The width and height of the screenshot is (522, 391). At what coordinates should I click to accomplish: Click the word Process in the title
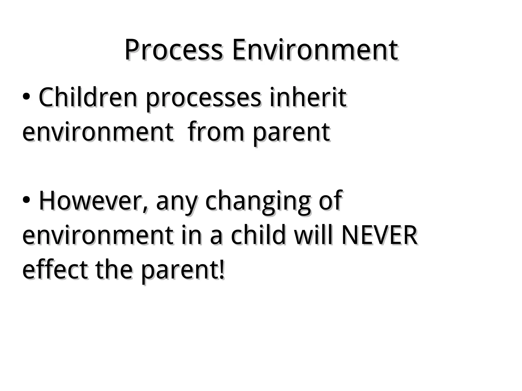[x=173, y=50]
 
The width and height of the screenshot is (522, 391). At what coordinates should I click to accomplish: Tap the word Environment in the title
[x=315, y=50]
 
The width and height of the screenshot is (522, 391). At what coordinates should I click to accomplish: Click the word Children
[x=88, y=98]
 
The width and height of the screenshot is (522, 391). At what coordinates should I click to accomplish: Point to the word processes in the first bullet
[x=203, y=99]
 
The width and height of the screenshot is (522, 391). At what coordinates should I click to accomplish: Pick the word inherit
[x=308, y=98]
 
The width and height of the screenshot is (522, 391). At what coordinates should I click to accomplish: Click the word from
[x=216, y=132]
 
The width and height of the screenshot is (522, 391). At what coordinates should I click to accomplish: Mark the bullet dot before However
[x=27, y=200]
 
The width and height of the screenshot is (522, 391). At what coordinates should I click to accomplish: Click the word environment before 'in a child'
[x=97, y=236]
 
